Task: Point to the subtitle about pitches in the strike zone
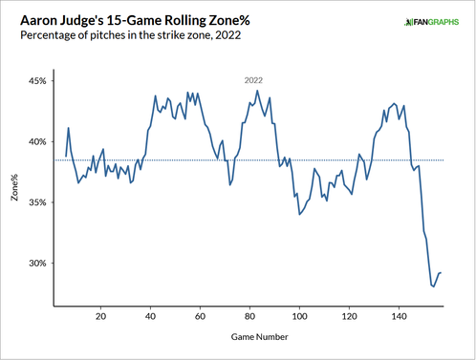click(123, 36)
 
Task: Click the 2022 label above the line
click(253, 81)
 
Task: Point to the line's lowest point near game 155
click(433, 286)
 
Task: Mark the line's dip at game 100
click(299, 214)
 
